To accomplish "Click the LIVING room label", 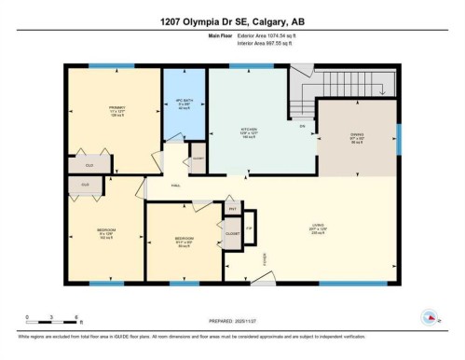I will pyautogui.click(x=318, y=228).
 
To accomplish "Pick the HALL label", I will pyautogui.click(x=174, y=186).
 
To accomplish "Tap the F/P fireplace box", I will pyautogui.click(x=250, y=228).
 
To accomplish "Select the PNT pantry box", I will pyautogui.click(x=231, y=209).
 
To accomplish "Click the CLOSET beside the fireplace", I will pyautogui.click(x=232, y=233).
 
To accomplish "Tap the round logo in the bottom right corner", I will pyautogui.click(x=430, y=317).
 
